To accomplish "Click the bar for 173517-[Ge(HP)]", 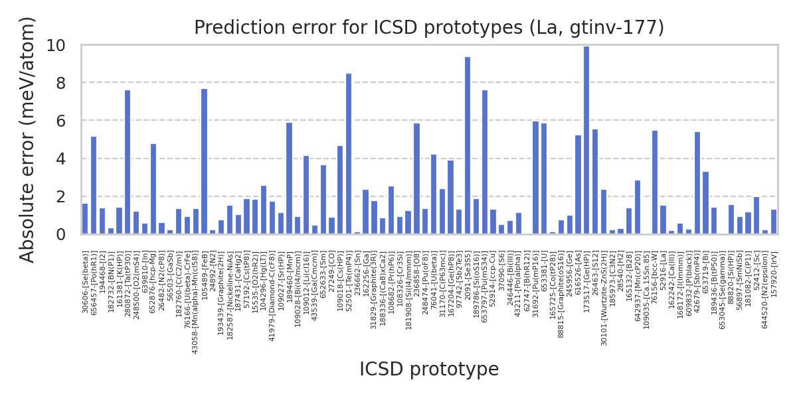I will click(586, 141).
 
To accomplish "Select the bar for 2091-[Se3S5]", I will click(468, 146).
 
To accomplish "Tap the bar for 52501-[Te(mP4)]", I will click(349, 154).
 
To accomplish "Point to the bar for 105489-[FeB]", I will click(204, 162).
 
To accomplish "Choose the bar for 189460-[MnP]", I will click(289, 178).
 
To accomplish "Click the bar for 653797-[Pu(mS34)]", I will click(485, 163).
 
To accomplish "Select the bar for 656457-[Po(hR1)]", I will click(94, 186).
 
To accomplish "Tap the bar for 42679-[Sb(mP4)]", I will click(697, 183).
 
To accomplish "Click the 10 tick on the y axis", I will click(65, 45).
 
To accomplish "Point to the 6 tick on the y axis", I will click(70, 121).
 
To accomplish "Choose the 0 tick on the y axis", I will click(70, 235).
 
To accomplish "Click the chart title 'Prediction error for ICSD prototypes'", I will click(429, 28).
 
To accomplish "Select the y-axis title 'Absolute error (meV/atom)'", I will click(27, 139).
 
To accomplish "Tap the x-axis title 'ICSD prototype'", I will click(429, 369).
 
